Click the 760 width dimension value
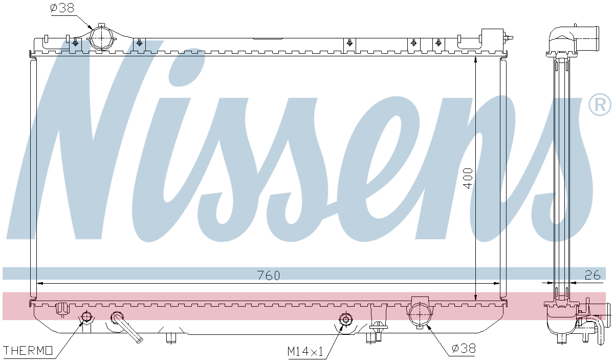tap(268, 275)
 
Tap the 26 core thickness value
tap(593, 275)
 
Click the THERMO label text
tap(28, 351)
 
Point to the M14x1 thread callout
tap(305, 351)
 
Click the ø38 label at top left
tap(62, 8)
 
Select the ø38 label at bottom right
tap(464, 349)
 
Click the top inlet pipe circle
tap(101, 38)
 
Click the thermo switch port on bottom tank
tap(86, 317)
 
